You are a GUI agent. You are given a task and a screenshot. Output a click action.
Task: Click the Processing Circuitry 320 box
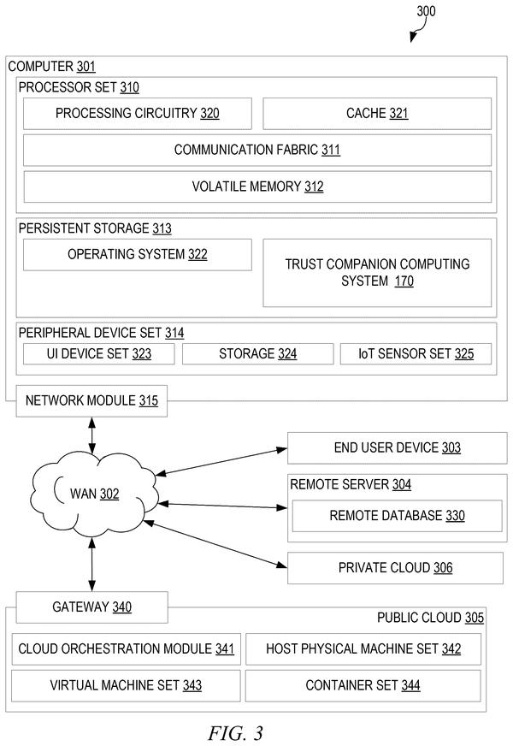coord(138,113)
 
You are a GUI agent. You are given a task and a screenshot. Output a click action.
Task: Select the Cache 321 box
coord(377,113)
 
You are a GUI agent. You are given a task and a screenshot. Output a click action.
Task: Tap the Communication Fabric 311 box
coord(257,150)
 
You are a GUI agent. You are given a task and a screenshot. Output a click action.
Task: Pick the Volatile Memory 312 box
coord(257,186)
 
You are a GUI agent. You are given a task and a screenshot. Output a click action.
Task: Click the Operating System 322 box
coord(138,255)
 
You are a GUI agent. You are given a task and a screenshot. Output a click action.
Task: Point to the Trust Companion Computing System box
coord(377,273)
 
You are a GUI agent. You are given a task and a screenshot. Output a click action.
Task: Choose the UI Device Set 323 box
coord(99,354)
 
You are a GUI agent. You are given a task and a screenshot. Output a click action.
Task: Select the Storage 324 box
coord(257,354)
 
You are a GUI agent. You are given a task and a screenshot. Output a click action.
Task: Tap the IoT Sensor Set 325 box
coord(416,354)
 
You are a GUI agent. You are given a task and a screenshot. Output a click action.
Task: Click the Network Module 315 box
coord(91,401)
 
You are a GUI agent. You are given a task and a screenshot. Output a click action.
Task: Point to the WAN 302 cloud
coord(94,494)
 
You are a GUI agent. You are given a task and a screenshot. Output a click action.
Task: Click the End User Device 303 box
coord(398,447)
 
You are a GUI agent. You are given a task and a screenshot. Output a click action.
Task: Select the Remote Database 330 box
coord(397,516)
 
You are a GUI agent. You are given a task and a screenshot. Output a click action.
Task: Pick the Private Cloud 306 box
coord(395,567)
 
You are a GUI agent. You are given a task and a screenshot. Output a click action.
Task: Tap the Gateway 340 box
coord(91,607)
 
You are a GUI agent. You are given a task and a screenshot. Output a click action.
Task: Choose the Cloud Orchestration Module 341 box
coord(126,649)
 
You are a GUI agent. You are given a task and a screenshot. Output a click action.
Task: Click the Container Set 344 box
coord(363,685)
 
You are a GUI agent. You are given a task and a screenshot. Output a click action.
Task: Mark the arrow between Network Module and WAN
coord(91,435)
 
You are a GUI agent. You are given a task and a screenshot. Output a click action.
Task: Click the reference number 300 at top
coord(426,11)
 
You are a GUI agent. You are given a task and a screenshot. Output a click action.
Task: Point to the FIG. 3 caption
coord(235,733)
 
